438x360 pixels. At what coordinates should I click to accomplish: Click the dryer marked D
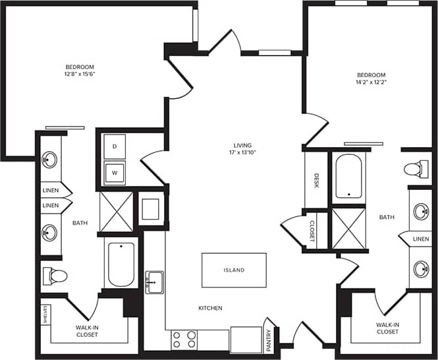[115, 146]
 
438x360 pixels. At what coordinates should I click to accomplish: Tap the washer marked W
[115, 173]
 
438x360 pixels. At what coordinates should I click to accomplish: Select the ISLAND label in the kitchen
[234, 270]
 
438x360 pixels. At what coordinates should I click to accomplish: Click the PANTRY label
[269, 336]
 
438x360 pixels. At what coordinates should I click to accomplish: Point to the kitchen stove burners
[184, 339]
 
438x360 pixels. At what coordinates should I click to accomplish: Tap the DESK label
[316, 181]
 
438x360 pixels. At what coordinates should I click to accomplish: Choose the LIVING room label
[243, 145]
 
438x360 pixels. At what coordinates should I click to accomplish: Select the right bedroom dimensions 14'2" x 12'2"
[371, 84]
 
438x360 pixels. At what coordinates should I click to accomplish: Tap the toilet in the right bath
[414, 169]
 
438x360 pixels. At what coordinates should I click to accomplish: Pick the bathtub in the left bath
[121, 264]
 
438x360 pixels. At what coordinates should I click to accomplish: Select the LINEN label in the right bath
[421, 238]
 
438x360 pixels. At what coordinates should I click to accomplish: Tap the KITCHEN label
[211, 308]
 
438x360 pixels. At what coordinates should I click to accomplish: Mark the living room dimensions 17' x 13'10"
[243, 153]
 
